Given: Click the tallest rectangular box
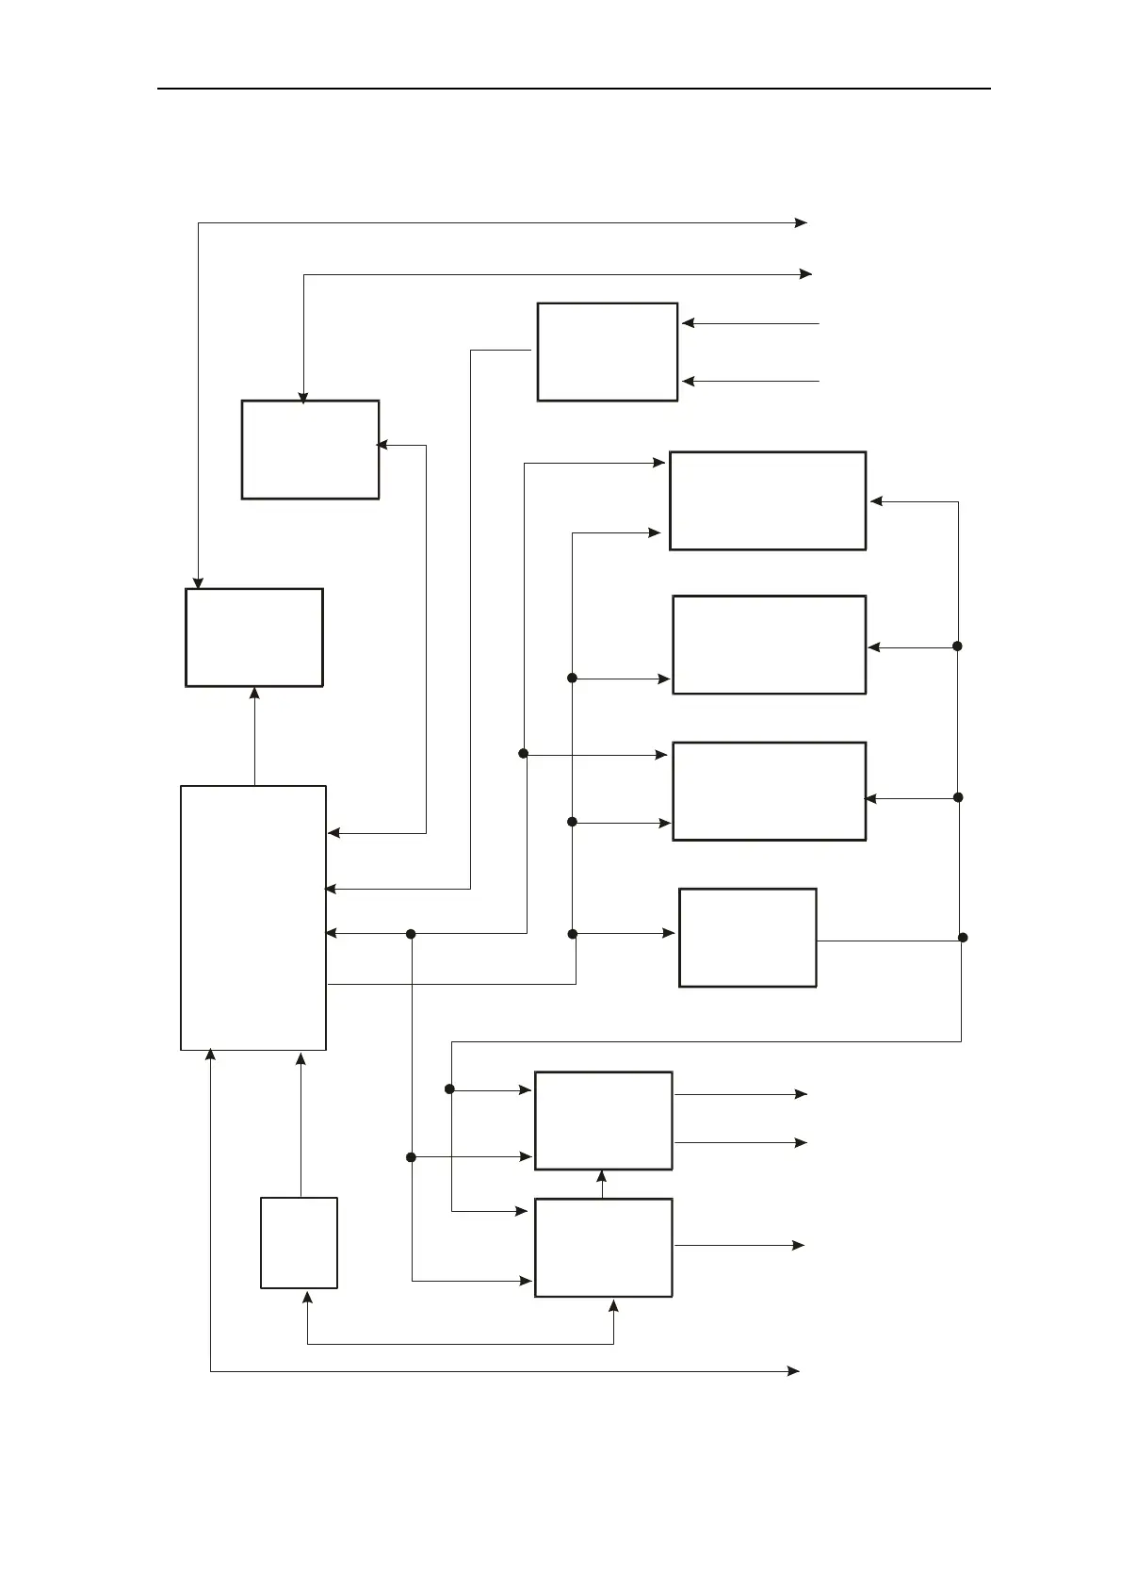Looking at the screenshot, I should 252,917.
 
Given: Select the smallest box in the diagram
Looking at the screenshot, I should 299,1242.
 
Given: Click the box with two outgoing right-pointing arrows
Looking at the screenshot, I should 603,1121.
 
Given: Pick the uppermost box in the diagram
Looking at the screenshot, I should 607,352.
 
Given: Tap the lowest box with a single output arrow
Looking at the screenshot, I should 603,1247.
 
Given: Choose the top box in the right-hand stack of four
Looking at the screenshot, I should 767,500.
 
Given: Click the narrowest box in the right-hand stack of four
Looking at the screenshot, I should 747,937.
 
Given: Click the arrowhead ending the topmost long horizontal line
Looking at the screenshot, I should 801,223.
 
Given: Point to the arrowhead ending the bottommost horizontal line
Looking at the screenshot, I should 793,1371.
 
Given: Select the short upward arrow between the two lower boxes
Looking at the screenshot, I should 602,1184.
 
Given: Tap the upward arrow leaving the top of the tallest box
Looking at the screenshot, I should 254,735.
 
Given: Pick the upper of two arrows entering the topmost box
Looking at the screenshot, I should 750,323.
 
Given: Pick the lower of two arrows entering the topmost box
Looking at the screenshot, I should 750,382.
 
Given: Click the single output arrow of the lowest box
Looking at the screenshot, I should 739,1245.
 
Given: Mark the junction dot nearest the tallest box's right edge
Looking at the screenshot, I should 411,934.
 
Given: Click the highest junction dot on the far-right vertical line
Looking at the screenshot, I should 957,646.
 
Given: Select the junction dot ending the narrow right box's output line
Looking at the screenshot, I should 962,938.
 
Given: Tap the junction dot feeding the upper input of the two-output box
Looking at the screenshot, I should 449,1089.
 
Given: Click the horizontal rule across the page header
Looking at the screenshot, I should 573,89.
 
